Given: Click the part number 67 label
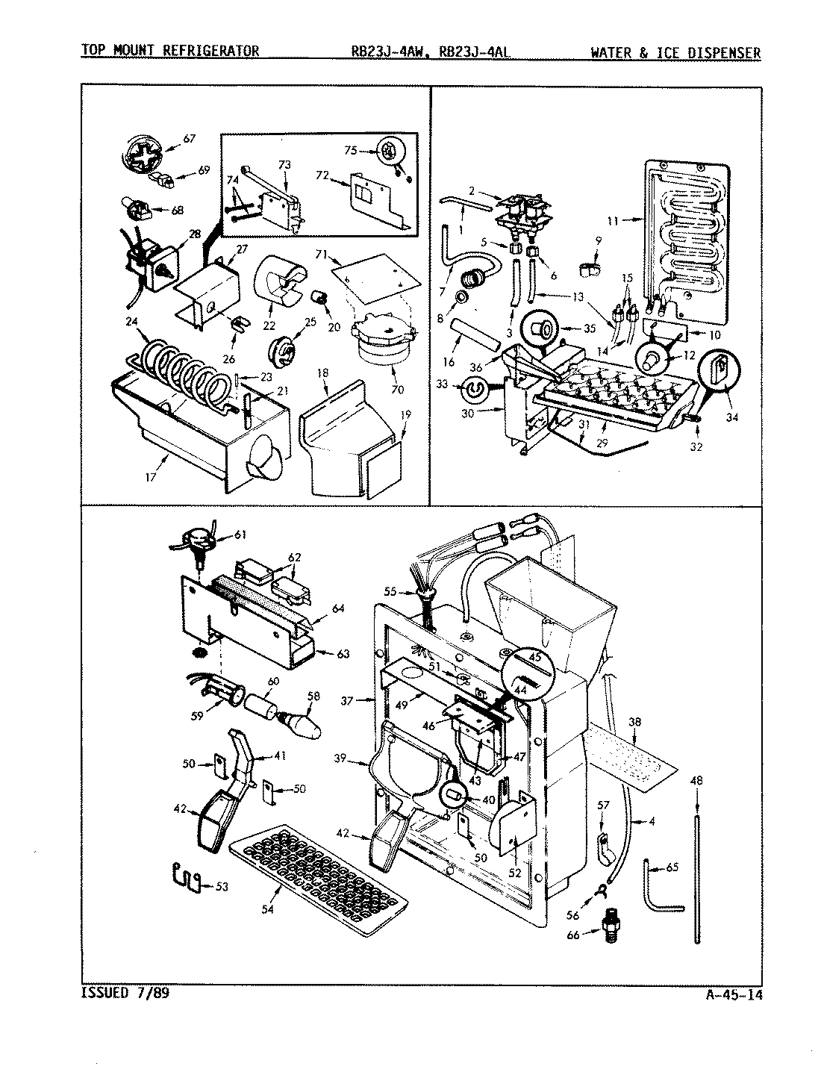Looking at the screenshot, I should point(189,138).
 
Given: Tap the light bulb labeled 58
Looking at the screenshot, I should point(302,723).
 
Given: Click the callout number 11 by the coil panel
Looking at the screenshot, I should point(613,220).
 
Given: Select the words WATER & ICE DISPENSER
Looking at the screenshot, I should point(675,52).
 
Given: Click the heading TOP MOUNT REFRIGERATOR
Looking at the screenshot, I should point(170,52).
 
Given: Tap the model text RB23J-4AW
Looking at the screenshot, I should point(391,52).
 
